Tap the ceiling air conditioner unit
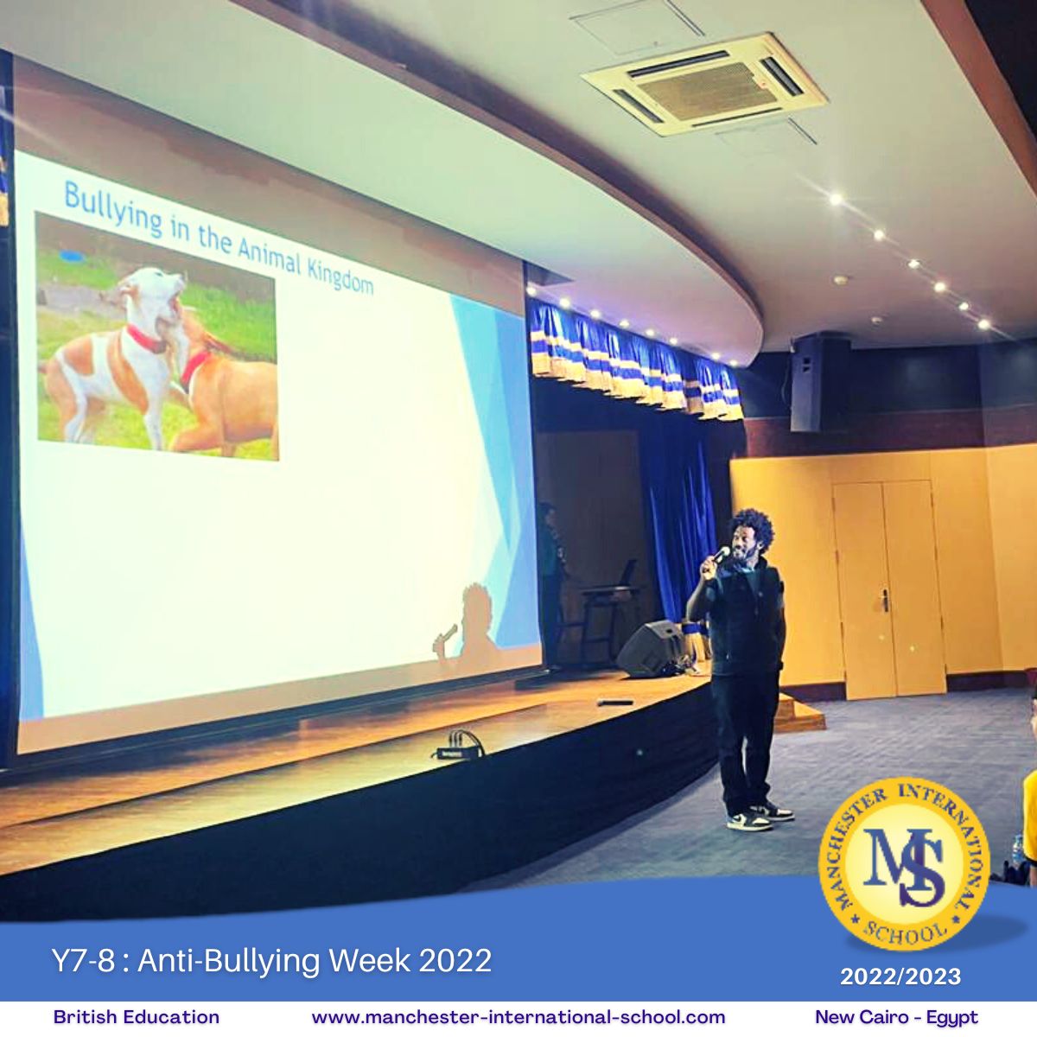coord(705,84)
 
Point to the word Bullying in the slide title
coord(112,209)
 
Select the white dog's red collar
coord(145,339)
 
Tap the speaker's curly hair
coord(752,529)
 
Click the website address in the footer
coord(518,1017)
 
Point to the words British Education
coord(137,1016)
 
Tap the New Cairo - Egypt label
coord(896,1017)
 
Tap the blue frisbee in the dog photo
coord(73,255)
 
